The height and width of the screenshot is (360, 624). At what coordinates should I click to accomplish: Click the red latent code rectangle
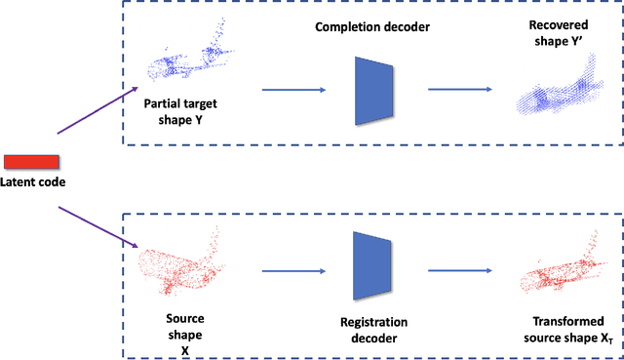coord(31,161)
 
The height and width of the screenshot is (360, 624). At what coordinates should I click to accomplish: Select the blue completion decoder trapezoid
coord(372,91)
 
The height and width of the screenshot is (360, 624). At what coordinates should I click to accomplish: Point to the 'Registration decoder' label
coord(374,329)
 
